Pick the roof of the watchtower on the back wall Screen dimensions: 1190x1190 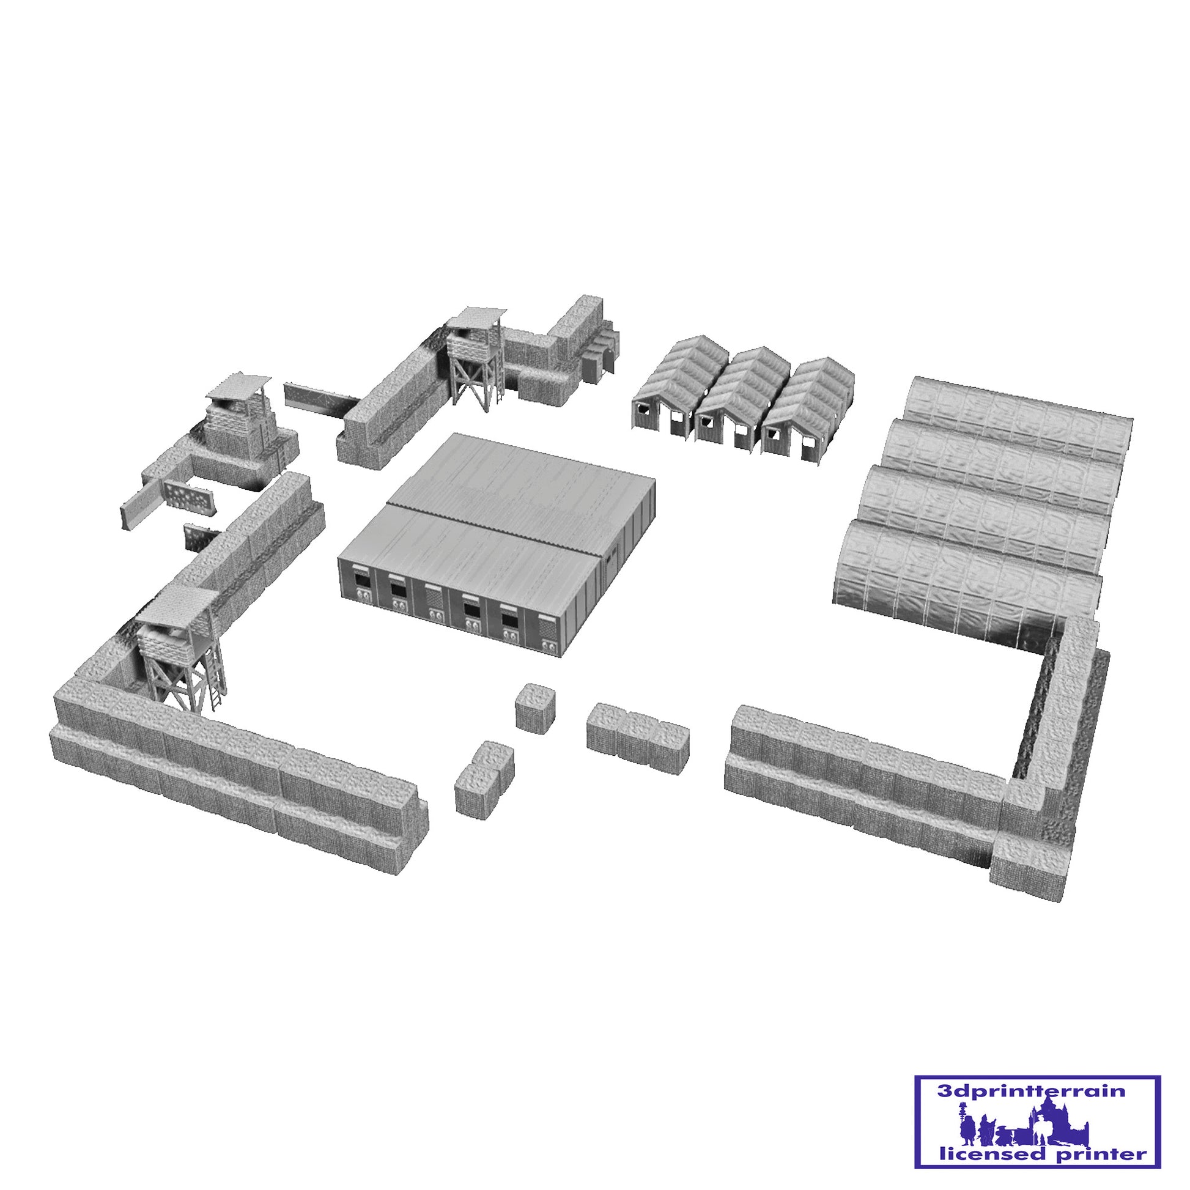click(x=476, y=318)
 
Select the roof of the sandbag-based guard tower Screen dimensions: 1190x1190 click(x=238, y=385)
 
